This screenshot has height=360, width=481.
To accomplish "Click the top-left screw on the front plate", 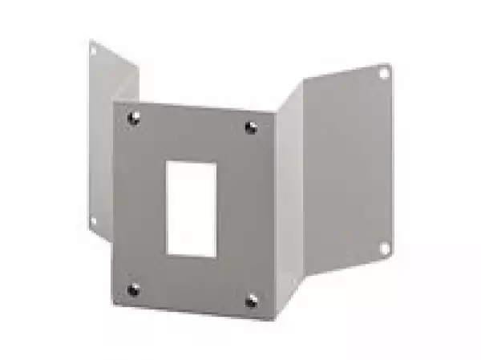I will click(x=134, y=117).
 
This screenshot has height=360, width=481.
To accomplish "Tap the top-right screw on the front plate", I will click(x=251, y=127).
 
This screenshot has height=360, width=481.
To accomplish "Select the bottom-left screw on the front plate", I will click(x=133, y=289).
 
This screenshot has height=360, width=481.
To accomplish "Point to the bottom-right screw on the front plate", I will click(x=251, y=301).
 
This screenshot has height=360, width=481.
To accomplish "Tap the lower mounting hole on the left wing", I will click(x=94, y=220).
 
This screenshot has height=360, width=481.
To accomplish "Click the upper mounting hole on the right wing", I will click(x=384, y=73).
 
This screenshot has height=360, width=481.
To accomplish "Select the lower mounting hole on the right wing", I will click(x=384, y=248).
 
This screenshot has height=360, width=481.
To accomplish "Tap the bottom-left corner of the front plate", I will click(x=112, y=308).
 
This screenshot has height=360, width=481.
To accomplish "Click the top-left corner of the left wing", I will click(x=89, y=39).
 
